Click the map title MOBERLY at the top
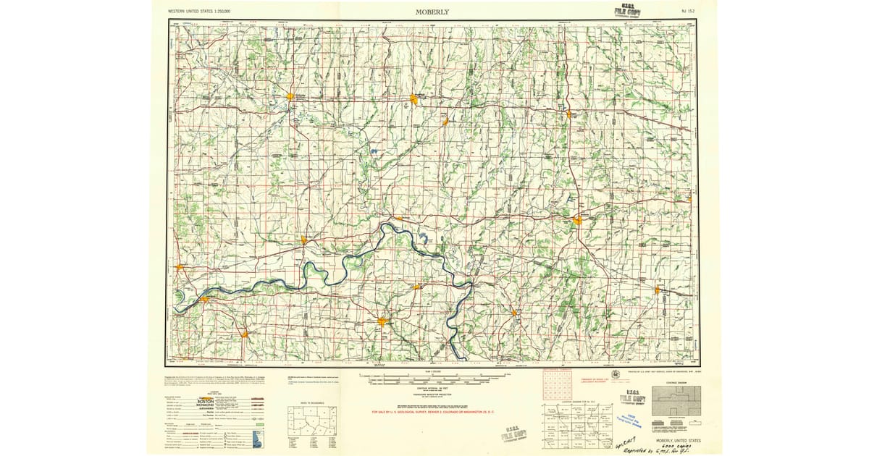(432, 12)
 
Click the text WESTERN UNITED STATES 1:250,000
(203, 12)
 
